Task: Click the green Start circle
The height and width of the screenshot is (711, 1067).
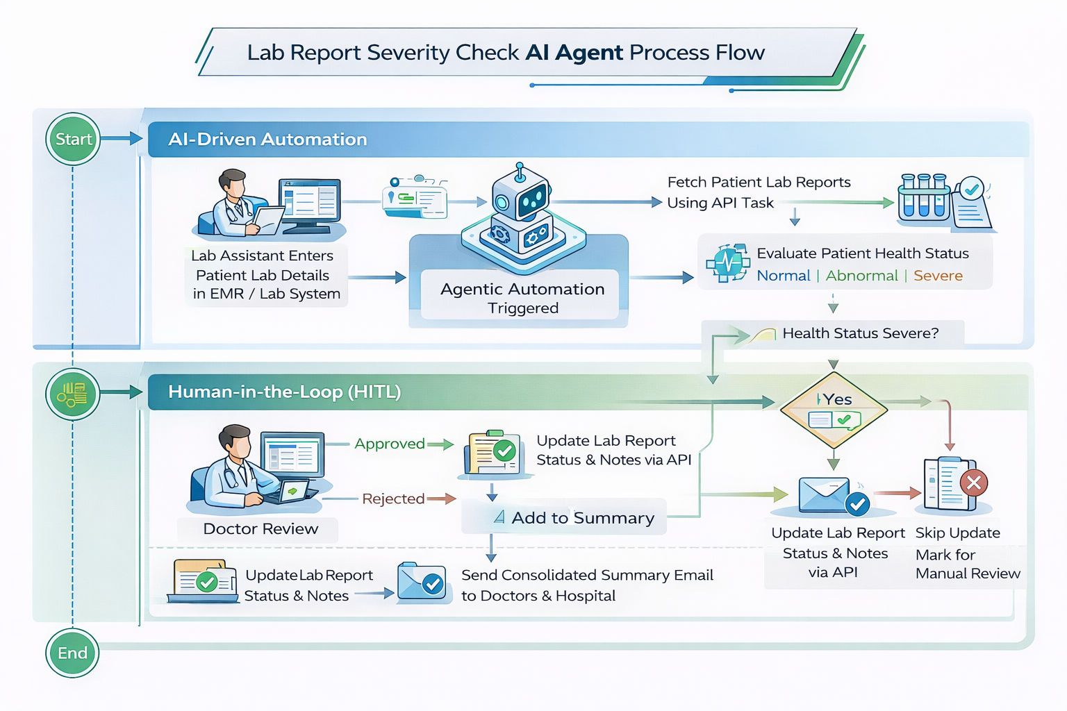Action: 73,139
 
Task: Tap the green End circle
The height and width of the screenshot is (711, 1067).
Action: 72,653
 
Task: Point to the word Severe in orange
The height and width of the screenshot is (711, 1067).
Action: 938,276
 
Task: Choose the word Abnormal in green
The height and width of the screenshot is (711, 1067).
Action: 861,276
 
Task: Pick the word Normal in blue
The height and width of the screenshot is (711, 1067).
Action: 784,276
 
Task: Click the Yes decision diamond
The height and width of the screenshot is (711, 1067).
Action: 834,410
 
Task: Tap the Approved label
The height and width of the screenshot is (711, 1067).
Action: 390,444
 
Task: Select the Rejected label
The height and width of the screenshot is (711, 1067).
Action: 393,499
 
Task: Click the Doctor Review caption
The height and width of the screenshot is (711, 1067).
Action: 260,529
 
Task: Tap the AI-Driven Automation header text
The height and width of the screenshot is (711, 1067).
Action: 267,140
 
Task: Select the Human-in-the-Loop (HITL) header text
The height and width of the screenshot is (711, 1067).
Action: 284,392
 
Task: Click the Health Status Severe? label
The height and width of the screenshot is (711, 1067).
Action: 860,333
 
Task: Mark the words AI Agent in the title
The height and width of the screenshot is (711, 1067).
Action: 574,53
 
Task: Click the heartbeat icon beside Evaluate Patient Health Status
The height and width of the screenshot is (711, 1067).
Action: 727,263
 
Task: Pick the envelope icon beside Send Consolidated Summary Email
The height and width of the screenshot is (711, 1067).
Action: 421,583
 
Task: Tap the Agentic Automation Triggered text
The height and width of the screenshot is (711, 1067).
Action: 522,298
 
